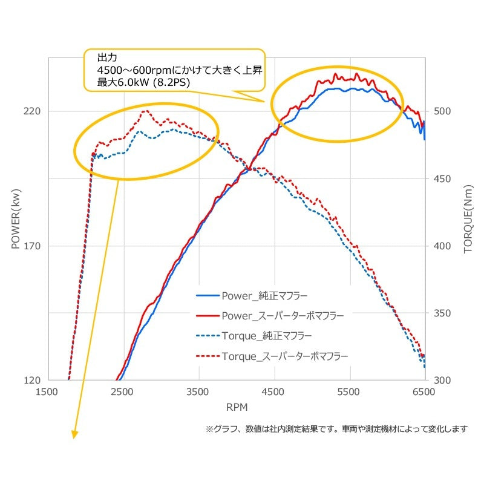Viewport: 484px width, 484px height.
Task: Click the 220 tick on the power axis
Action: pyautogui.click(x=32, y=111)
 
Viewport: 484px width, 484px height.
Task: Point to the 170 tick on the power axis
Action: pyautogui.click(x=32, y=246)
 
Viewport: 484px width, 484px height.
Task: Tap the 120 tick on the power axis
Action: pyautogui.click(x=32, y=381)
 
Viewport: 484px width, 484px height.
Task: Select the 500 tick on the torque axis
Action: pyautogui.click(x=442, y=111)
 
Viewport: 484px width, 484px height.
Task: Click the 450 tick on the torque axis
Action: pyautogui.click(x=442, y=178)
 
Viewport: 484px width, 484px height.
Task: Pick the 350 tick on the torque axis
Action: pyautogui.click(x=442, y=313)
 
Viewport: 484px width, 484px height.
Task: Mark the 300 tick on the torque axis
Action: pyautogui.click(x=442, y=381)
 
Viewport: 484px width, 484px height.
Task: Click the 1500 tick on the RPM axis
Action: pyautogui.click(x=47, y=392)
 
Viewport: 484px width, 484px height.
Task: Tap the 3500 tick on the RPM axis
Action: pyautogui.click(x=198, y=392)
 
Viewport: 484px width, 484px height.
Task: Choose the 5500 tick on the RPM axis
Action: pyautogui.click(x=348, y=392)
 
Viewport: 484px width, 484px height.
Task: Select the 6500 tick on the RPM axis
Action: pyautogui.click(x=424, y=392)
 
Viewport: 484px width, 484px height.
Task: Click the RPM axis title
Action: pyautogui.click(x=237, y=407)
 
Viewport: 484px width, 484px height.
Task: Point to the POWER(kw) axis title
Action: pyautogui.click(x=16, y=219)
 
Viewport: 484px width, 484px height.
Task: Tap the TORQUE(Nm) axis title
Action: pyautogui.click(x=468, y=219)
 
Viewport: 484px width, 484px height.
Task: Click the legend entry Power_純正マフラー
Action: pyautogui.click(x=252, y=296)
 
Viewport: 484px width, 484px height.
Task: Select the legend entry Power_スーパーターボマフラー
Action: pyautogui.click(x=270, y=316)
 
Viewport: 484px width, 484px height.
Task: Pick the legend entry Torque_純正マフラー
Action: pyautogui.click(x=253, y=336)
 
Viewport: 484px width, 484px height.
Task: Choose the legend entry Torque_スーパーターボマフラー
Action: pyautogui.click(x=272, y=356)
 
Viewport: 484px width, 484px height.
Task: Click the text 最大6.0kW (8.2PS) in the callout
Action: pyautogui.click(x=143, y=82)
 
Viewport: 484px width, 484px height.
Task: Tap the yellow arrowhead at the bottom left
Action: pyautogui.click(x=74, y=434)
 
